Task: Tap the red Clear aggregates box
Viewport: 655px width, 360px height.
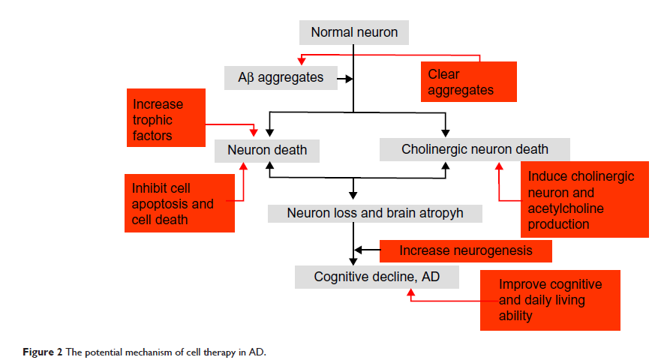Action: click(467, 82)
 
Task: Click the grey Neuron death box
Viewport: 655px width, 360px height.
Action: click(266, 150)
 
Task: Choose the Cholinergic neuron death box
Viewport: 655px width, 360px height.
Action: click(474, 149)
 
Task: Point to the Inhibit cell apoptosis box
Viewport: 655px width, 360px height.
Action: click(179, 202)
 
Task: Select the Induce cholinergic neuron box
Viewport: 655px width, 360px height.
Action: click(584, 200)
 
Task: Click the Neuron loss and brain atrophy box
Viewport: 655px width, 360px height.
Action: click(374, 213)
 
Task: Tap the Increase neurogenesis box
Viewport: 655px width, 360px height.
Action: click(465, 250)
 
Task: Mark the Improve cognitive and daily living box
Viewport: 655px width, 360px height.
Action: click(550, 300)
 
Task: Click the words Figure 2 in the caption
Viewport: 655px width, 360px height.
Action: click(31, 352)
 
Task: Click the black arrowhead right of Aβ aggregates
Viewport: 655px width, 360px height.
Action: click(347, 77)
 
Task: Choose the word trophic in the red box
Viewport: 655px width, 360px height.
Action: click(152, 120)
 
